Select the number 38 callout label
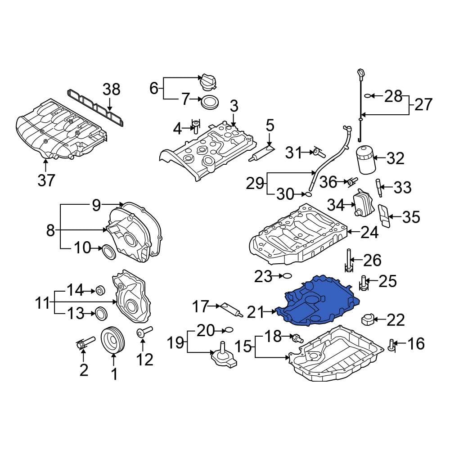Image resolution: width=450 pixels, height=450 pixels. (111, 90)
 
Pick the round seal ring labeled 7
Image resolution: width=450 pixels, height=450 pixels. (208, 102)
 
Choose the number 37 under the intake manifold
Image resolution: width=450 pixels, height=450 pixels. (46, 180)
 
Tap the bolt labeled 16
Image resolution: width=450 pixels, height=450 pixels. (391, 345)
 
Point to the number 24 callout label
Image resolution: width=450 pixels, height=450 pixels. (370, 233)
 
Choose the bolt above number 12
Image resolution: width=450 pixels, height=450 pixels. (143, 333)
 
